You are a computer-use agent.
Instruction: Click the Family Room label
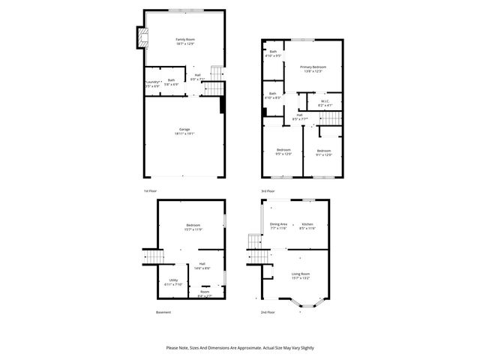(x=184, y=39)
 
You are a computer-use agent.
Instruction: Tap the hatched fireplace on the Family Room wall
(x=139, y=37)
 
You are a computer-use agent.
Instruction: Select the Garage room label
(x=184, y=129)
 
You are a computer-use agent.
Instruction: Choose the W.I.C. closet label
(x=325, y=101)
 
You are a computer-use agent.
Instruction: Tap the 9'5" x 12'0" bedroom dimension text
(x=283, y=154)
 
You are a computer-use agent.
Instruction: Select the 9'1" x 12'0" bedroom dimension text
(x=324, y=154)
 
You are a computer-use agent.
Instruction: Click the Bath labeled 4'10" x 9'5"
(x=273, y=55)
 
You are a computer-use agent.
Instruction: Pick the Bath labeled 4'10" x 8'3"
(x=273, y=97)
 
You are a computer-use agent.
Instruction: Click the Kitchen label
(x=307, y=223)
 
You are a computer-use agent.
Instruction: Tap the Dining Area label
(x=278, y=223)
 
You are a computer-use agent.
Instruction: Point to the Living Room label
(x=301, y=274)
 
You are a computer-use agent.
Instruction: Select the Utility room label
(x=172, y=282)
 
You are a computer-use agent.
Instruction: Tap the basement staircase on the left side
(x=154, y=257)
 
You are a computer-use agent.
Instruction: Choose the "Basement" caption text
(x=163, y=312)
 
